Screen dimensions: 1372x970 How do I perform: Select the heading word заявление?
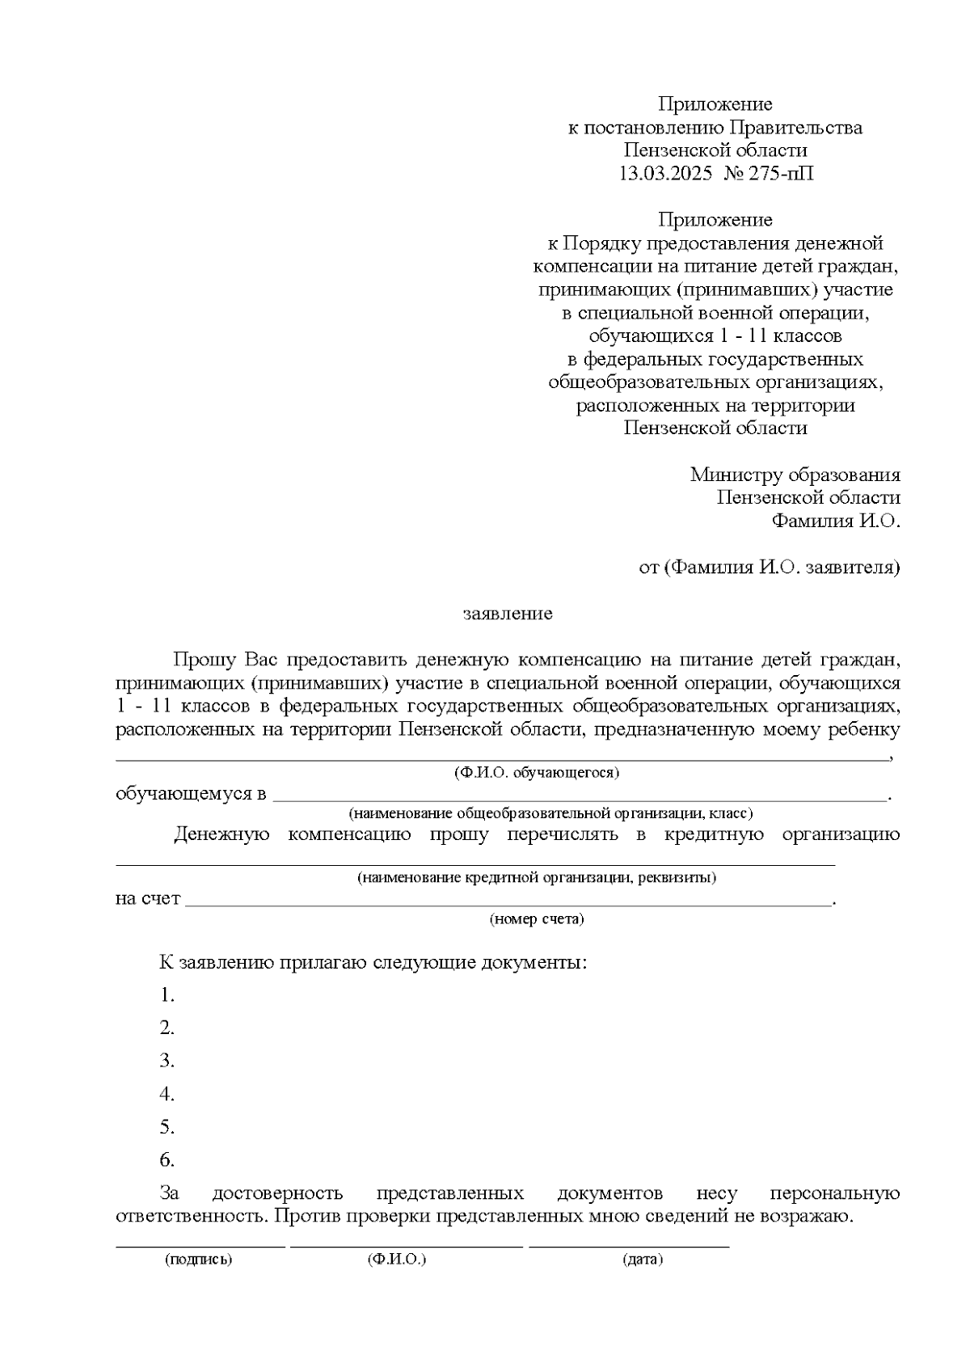(x=508, y=614)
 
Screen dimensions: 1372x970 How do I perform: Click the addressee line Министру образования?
(x=795, y=475)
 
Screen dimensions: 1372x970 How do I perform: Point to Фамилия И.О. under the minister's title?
(x=836, y=521)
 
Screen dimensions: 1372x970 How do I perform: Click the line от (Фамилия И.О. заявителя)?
(x=769, y=568)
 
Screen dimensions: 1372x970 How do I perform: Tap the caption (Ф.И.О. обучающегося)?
(x=537, y=773)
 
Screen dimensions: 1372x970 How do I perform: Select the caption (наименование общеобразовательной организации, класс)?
(x=550, y=813)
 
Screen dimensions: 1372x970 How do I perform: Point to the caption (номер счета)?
(x=537, y=919)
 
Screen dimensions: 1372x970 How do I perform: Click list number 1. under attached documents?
(x=167, y=995)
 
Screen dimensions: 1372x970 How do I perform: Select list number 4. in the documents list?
(x=167, y=1095)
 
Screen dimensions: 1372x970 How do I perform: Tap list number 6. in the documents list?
(x=167, y=1161)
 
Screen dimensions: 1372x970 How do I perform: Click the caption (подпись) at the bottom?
(x=198, y=1260)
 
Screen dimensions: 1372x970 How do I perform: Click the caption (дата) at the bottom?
(x=643, y=1260)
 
